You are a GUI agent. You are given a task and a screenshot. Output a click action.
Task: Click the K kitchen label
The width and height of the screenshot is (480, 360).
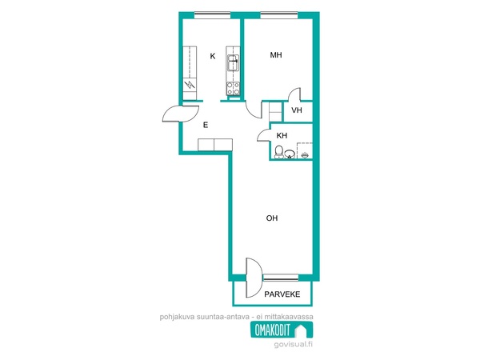pos(213,56)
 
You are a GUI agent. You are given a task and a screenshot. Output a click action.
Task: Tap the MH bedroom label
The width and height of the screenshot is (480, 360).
pos(276,55)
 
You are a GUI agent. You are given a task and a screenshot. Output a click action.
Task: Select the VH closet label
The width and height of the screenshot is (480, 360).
pos(297,110)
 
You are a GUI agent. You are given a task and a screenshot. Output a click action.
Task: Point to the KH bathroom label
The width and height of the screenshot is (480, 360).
pos(282,136)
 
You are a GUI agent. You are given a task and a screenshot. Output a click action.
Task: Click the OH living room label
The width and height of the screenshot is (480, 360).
pos(272,218)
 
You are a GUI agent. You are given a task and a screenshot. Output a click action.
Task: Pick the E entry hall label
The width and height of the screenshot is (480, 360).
pos(206,125)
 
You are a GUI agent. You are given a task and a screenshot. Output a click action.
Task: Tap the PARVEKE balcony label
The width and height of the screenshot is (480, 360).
pos(282,294)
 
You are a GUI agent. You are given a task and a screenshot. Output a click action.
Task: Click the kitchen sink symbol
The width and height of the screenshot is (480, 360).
pos(233,62)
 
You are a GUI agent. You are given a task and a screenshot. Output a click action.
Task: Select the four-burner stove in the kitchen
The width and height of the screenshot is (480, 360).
pos(233,89)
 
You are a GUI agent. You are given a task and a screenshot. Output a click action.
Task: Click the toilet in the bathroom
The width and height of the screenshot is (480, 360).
pos(279,152)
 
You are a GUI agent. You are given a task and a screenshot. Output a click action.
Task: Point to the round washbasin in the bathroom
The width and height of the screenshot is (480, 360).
pos(290,154)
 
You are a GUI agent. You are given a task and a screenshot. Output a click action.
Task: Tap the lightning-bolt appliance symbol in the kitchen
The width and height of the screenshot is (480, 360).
pos(190,84)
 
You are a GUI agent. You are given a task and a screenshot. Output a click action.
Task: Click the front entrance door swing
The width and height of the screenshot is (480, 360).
pos(181,114)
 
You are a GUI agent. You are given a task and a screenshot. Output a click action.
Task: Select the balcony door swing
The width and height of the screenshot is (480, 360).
pos(254,278)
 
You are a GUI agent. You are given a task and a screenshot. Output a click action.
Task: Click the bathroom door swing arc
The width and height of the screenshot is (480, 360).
pos(263,134)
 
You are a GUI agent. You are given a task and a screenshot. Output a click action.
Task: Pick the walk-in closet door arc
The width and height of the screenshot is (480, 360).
pos(294,94)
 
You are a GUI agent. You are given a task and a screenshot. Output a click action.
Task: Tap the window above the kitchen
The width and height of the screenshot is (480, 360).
pos(213,14)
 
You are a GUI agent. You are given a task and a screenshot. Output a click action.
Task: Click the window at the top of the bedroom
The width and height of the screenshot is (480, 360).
pos(279,14)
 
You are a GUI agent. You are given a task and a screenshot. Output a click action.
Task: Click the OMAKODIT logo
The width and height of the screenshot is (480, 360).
pos(282,330)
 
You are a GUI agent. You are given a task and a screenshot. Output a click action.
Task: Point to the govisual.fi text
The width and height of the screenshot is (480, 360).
pos(294,344)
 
